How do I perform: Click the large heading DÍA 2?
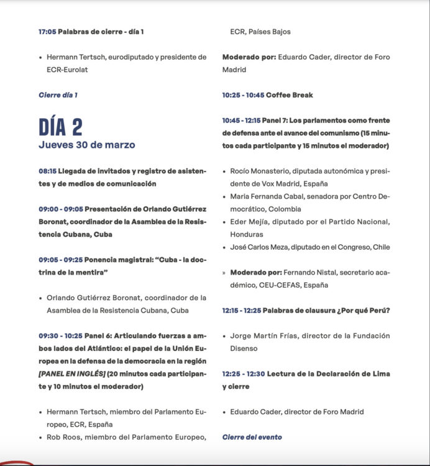[x=60, y=126]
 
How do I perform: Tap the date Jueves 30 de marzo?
[x=86, y=145]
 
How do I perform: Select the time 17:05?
[x=47, y=31]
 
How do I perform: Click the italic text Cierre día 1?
[x=58, y=95]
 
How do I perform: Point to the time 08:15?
[x=47, y=171]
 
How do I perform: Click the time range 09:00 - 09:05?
[x=60, y=209]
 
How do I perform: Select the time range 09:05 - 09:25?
[x=60, y=259]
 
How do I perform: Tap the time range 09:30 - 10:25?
[x=60, y=335]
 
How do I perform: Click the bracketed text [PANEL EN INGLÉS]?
[x=71, y=373]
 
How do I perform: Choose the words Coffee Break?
[x=289, y=95]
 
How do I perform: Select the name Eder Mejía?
[x=249, y=222]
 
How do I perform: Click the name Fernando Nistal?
[x=309, y=272]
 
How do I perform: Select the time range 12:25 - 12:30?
[x=244, y=373]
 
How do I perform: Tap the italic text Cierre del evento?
[x=252, y=437]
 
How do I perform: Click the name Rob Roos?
[x=63, y=437]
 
